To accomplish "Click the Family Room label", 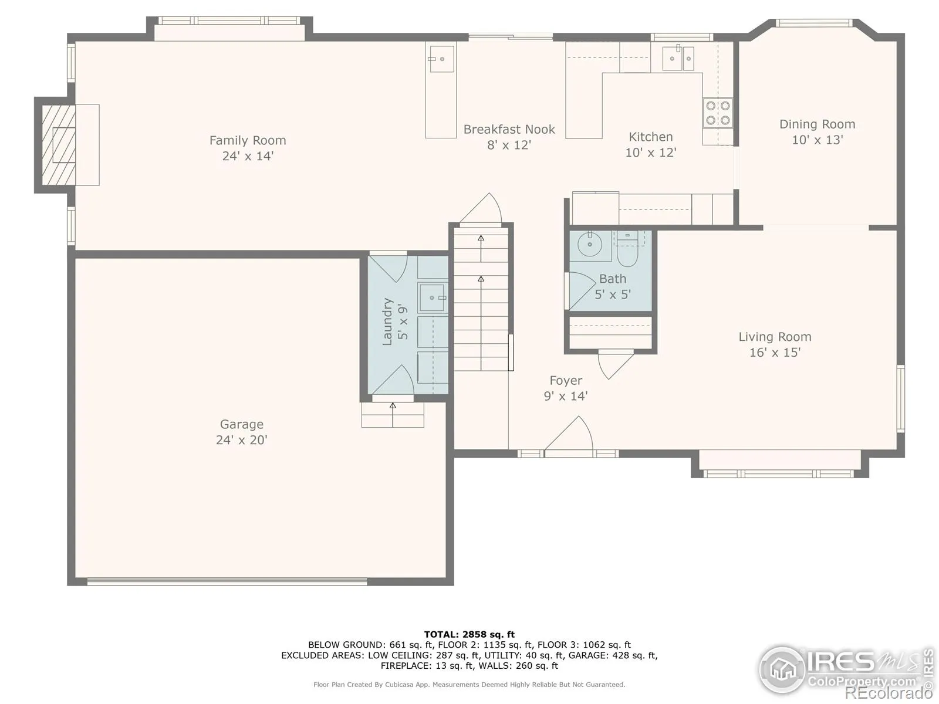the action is click(248, 140).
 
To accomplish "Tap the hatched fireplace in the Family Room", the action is click(59, 145).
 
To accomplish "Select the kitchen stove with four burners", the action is click(717, 113).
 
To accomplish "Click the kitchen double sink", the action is click(678, 58).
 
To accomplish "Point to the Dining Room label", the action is click(817, 124).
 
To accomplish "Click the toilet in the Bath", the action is click(627, 249).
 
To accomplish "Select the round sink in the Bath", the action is click(589, 244).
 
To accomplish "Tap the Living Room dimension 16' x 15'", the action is click(775, 353).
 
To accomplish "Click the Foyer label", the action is click(566, 380).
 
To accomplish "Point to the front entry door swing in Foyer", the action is click(569, 433).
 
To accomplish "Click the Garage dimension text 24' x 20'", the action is click(242, 440).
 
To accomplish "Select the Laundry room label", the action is click(387, 321).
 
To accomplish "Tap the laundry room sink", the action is click(433, 297).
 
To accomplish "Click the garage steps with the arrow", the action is click(393, 415).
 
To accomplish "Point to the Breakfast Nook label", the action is click(509, 130).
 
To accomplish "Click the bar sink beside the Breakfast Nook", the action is click(441, 59).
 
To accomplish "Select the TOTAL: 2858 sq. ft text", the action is click(469, 634).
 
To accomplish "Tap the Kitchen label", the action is click(651, 137).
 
